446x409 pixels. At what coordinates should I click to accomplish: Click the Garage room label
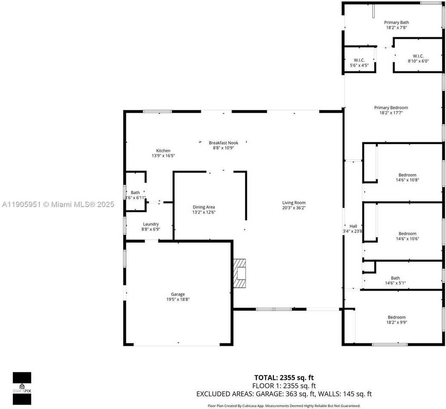pyautogui.click(x=178, y=294)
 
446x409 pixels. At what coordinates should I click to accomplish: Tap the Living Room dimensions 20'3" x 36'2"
pyautogui.click(x=294, y=208)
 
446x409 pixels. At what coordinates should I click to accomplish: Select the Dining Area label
pyautogui.click(x=204, y=207)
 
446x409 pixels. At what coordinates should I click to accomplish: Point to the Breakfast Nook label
pyautogui.click(x=223, y=143)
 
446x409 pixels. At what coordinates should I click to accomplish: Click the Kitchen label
pyautogui.click(x=163, y=151)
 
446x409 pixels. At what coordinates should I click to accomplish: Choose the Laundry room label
pyautogui.click(x=151, y=224)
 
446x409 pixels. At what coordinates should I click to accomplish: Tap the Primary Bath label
pyautogui.click(x=393, y=23)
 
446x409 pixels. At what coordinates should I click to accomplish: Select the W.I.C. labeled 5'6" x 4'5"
pyautogui.click(x=359, y=63)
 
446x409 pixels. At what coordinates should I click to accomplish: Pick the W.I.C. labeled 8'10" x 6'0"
pyautogui.click(x=418, y=58)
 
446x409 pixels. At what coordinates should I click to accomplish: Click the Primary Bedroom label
pyautogui.click(x=391, y=108)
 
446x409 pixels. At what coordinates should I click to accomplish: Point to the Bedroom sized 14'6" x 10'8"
pyautogui.click(x=407, y=177)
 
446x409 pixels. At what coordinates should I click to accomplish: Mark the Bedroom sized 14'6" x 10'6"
pyautogui.click(x=407, y=236)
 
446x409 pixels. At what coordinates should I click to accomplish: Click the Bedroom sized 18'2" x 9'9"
pyautogui.click(x=396, y=320)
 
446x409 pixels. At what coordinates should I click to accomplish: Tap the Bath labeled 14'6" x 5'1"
pyautogui.click(x=395, y=280)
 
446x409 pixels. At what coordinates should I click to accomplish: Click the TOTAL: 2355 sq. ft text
pyautogui.click(x=284, y=377)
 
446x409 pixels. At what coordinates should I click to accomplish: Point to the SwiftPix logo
pyautogui.click(x=22, y=388)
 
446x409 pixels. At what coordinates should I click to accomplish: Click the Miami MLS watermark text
pyautogui.click(x=58, y=204)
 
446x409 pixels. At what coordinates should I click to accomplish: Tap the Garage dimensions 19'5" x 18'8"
pyautogui.click(x=178, y=300)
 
